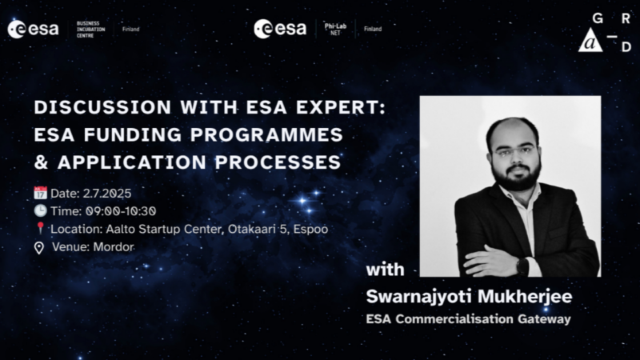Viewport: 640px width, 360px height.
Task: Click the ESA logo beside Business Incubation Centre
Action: click(33, 30)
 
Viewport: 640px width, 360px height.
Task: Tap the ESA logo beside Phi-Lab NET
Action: click(280, 29)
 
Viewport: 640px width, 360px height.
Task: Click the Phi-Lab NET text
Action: click(335, 29)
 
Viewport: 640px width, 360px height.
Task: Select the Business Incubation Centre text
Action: click(90, 30)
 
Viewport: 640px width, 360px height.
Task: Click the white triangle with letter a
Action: click(590, 41)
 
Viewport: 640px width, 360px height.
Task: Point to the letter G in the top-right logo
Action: click(598, 18)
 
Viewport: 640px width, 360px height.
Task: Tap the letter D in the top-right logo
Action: click(626, 47)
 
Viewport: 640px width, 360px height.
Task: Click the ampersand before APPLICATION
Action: click(42, 162)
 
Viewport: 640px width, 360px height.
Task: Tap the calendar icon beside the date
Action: click(41, 193)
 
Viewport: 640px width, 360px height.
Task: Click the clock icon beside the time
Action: click(41, 210)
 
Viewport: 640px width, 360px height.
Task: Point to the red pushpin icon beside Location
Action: click(40, 228)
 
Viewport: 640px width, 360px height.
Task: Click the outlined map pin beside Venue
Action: click(38, 248)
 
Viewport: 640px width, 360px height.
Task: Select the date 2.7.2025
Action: click(107, 194)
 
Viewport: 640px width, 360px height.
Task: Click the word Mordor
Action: click(114, 247)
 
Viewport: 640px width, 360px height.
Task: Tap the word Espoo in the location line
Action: click(310, 230)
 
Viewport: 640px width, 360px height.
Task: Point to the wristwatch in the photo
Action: click(522, 266)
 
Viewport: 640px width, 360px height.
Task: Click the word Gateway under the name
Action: click(544, 318)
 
